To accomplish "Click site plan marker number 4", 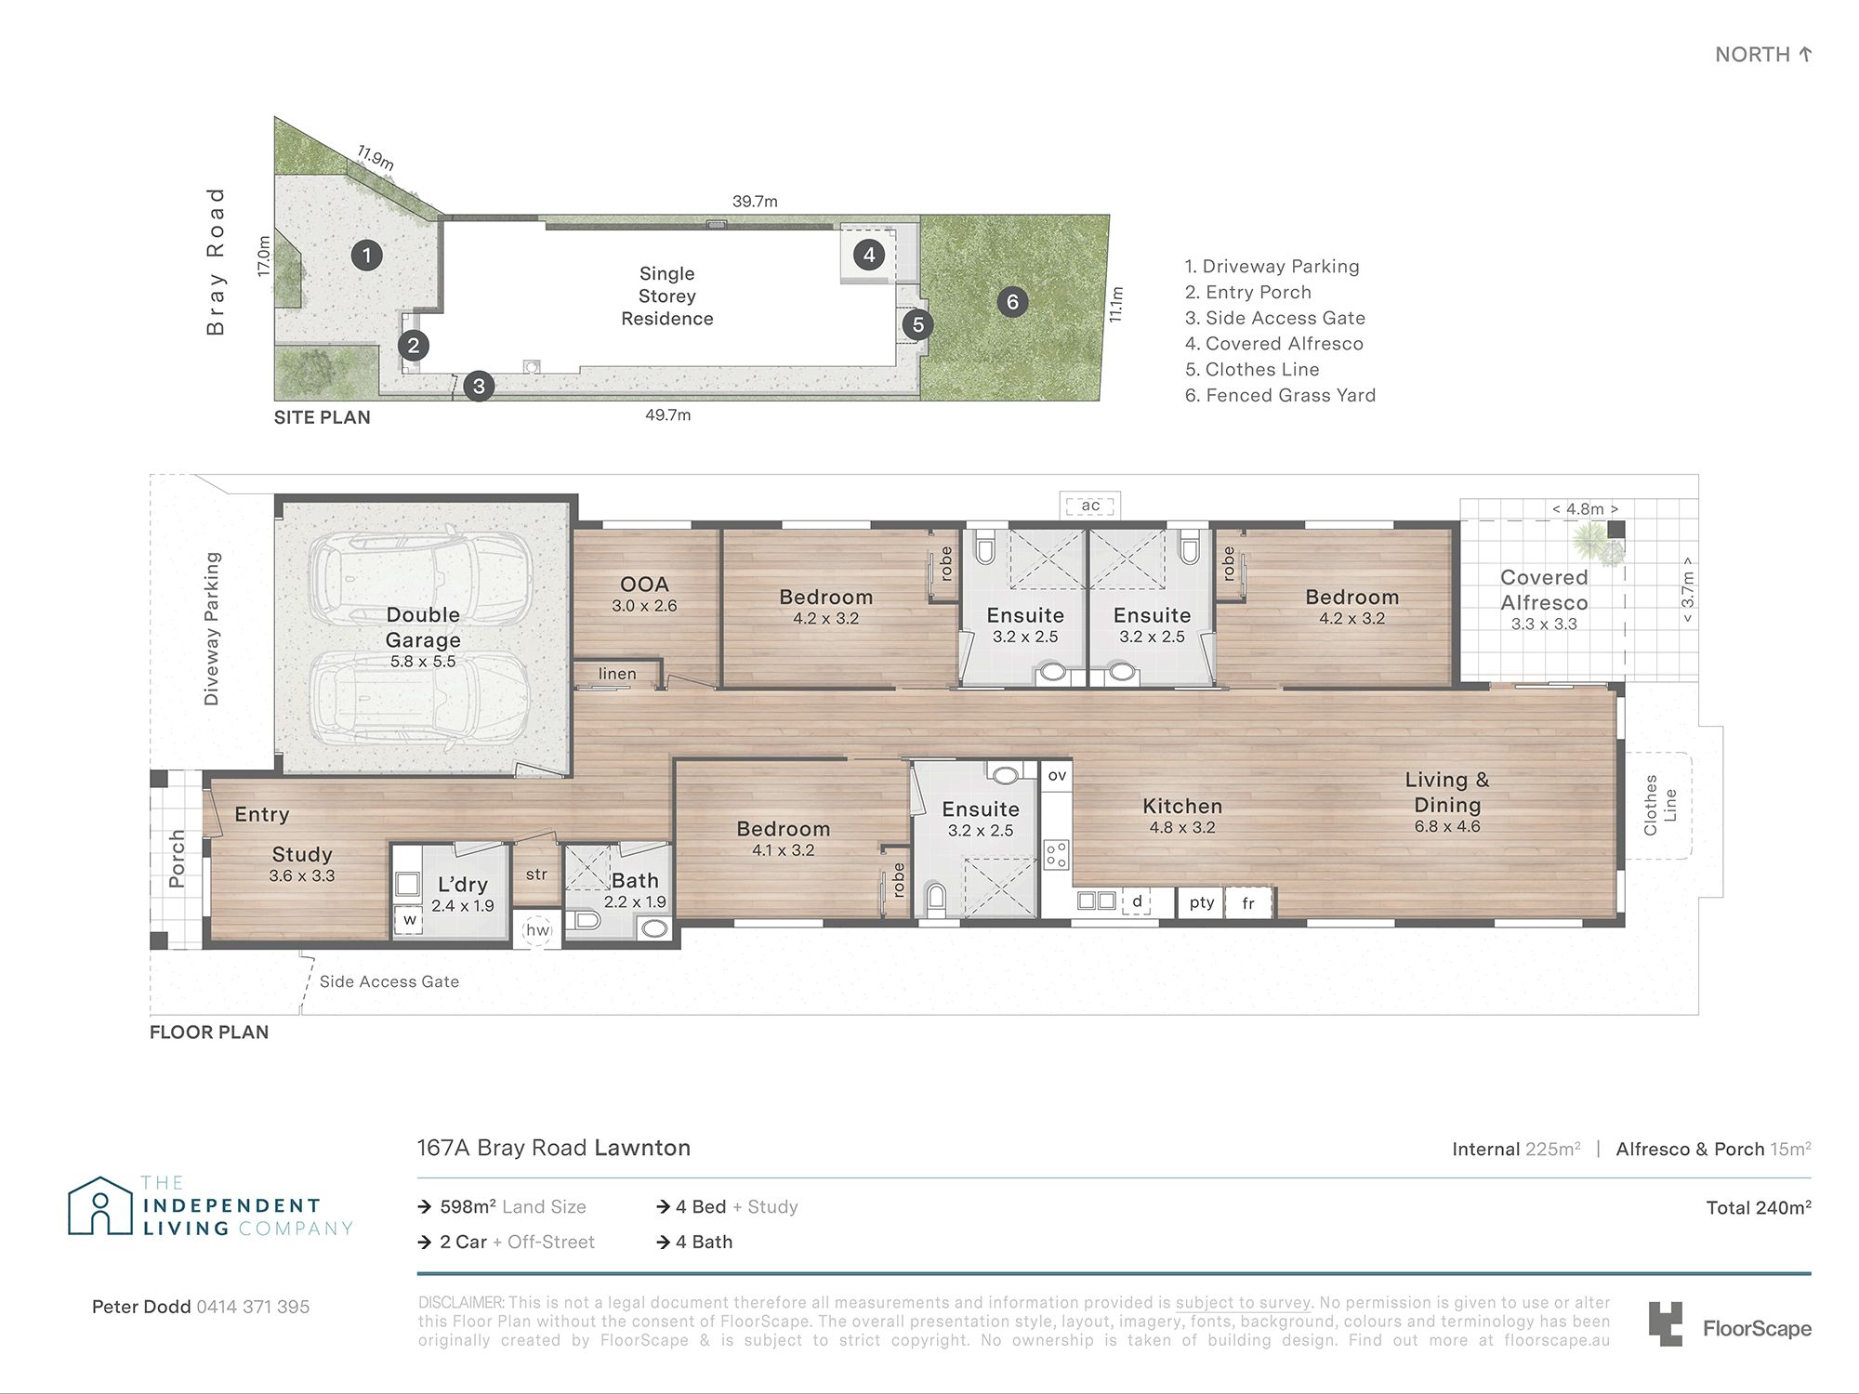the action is point(869,255).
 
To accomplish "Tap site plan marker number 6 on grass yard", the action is point(1012,301).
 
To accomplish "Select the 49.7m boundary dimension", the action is point(668,415).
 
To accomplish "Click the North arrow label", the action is point(1763,55).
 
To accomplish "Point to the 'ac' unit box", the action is point(1090,506).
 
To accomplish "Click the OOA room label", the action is point(644,585).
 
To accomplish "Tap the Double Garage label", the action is point(423,627).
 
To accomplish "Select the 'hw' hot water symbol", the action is point(538,929).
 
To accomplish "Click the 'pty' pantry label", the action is point(1202,902).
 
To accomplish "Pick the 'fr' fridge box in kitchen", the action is point(1248,902).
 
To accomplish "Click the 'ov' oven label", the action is point(1057,775).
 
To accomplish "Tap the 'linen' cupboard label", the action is point(617,674).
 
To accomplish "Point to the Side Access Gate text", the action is point(389,981).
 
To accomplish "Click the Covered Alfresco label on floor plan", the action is point(1544,590).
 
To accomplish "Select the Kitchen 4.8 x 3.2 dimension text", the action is point(1182,827).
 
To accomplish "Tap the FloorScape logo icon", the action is point(1665,1324).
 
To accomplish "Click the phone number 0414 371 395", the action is point(253,1307).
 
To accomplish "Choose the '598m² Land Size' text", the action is point(513,1207).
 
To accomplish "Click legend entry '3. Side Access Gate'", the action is point(1275,318).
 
